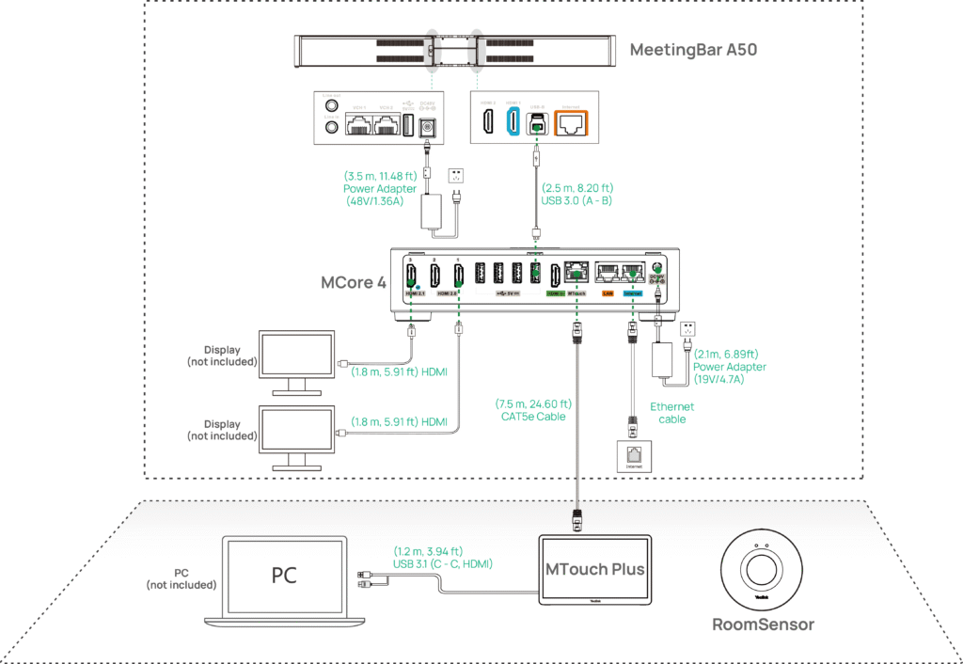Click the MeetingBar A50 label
693,49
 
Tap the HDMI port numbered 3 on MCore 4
411,275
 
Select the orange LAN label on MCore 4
608,294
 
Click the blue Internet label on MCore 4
633,294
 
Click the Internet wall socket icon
631,455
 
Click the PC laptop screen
284,576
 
